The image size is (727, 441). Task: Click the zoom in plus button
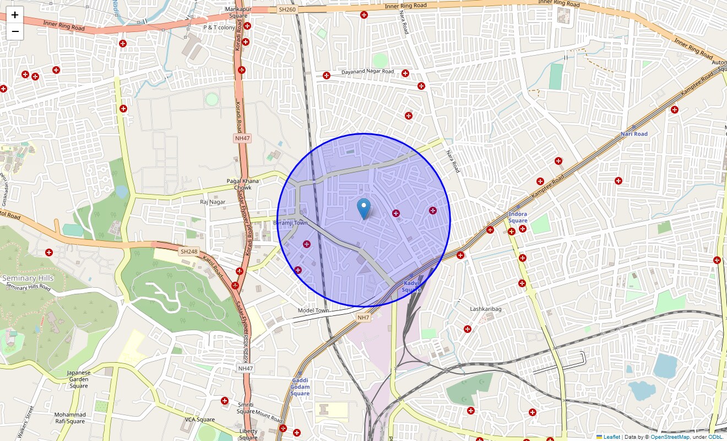pyautogui.click(x=15, y=15)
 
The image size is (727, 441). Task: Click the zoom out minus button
pyautogui.click(x=15, y=31)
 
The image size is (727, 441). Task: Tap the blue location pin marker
pyautogui.click(x=363, y=209)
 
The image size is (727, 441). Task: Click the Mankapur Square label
pyautogui.click(x=238, y=13)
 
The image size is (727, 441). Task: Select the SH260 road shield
pyautogui.click(x=287, y=9)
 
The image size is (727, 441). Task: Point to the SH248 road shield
pyautogui.click(x=188, y=251)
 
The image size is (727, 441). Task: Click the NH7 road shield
pyautogui.click(x=363, y=317)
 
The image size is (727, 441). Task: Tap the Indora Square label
pyautogui.click(x=518, y=217)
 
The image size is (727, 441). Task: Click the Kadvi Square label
pyautogui.click(x=411, y=286)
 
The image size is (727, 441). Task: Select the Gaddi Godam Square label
pyautogui.click(x=300, y=387)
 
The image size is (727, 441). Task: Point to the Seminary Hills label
pyautogui.click(x=28, y=278)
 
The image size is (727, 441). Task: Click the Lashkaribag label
pyautogui.click(x=486, y=309)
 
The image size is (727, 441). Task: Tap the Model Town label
pyautogui.click(x=313, y=310)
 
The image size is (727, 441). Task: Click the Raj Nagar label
pyautogui.click(x=213, y=202)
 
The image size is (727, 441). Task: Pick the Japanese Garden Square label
pyautogui.click(x=78, y=379)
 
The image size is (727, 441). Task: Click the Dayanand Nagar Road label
pyautogui.click(x=367, y=72)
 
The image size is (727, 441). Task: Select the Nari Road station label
pyautogui.click(x=634, y=134)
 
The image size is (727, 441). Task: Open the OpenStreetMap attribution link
pyautogui.click(x=670, y=437)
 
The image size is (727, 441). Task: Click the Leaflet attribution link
pyautogui.click(x=611, y=437)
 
